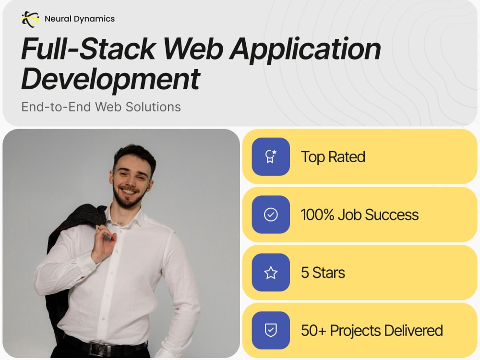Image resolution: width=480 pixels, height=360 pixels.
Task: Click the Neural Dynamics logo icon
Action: (30, 19)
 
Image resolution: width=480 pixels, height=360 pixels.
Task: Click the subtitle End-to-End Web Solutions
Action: (101, 107)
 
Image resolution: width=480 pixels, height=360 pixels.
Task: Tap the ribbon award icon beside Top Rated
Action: (271, 156)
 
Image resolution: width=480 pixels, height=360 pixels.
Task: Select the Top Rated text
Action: (333, 157)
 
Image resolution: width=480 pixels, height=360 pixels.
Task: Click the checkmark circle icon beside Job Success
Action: (271, 215)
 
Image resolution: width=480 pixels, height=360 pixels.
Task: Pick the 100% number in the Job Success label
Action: (317, 215)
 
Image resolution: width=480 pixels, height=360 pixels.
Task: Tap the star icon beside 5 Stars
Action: (271, 273)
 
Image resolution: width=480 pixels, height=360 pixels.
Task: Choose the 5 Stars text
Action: (323, 273)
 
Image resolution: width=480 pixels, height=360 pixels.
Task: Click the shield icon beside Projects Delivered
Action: (271, 331)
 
